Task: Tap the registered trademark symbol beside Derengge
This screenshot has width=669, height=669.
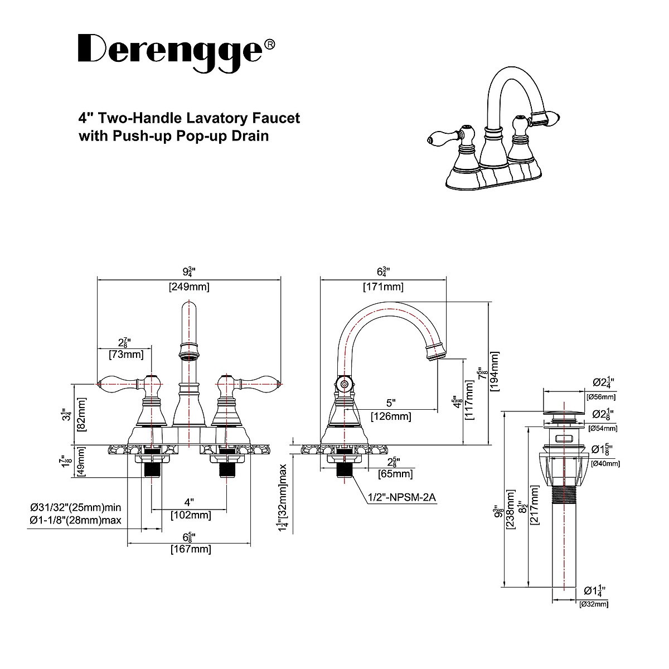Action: pos(269,44)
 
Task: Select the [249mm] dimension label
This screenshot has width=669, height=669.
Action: pos(189,287)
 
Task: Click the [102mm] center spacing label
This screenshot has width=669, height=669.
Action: pos(191,516)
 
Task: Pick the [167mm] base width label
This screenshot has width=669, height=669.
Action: pos(191,549)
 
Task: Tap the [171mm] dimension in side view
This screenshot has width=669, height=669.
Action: pos(383,287)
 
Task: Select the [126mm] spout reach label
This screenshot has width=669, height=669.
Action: pos(391,416)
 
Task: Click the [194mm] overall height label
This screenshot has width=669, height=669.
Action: pos(495,372)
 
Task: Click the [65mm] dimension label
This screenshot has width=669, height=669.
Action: pos(395,474)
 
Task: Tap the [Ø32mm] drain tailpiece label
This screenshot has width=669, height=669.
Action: pos(594,604)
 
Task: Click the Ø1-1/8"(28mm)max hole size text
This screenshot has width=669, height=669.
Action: pos(76,520)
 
